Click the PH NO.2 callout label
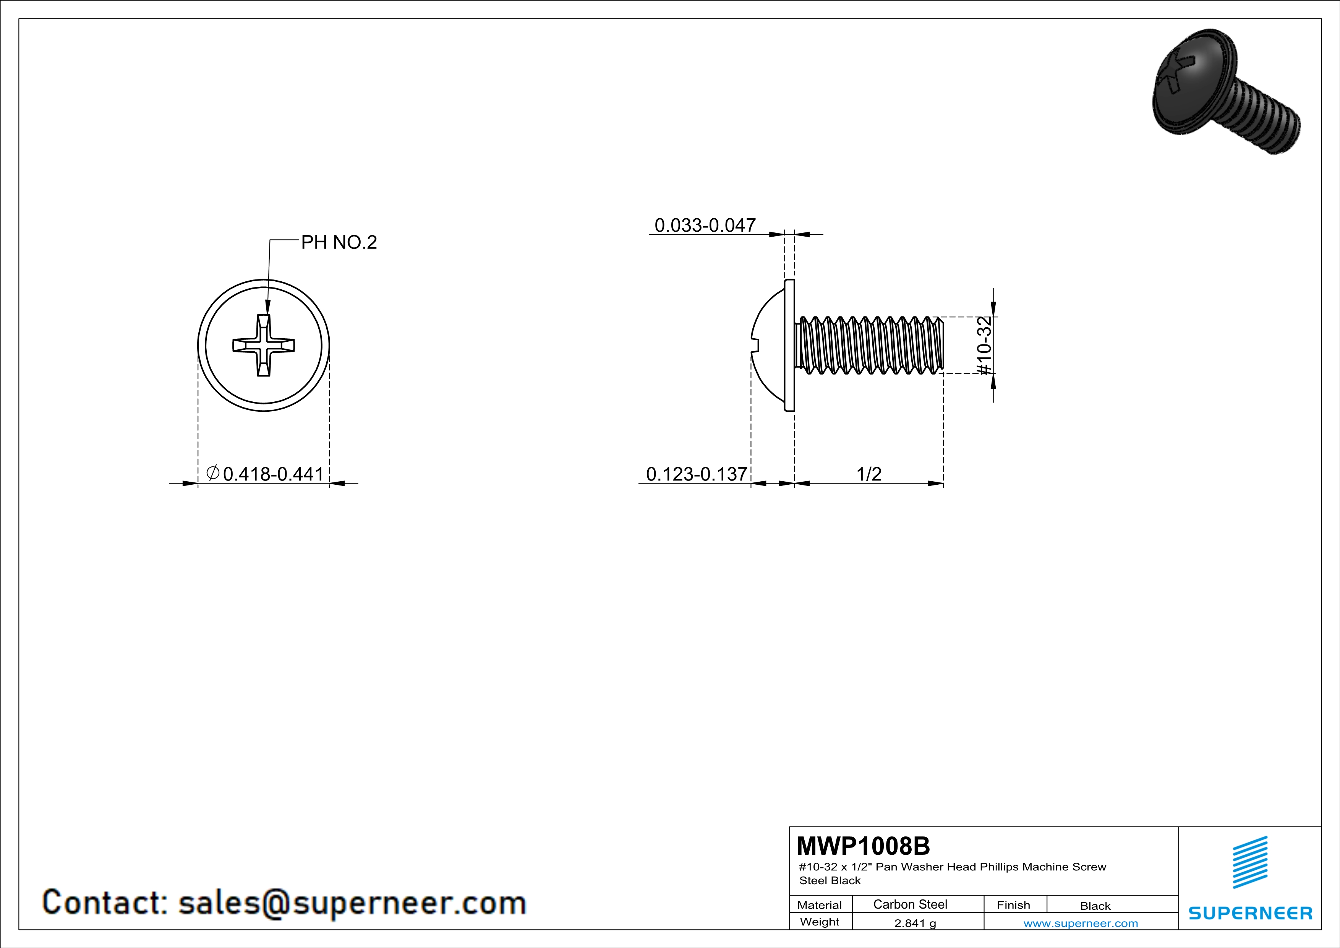click(339, 242)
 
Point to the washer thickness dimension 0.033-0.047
click(705, 225)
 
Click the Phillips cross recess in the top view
click(264, 345)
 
